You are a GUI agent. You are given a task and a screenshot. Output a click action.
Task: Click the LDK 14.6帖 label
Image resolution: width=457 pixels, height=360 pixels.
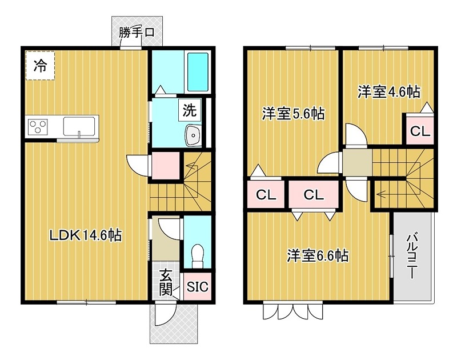coord(85,234)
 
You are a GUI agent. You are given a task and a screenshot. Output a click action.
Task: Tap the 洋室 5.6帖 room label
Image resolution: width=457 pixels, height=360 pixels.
coord(293,114)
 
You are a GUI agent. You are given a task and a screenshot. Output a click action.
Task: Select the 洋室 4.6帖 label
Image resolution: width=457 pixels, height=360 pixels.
coord(389,91)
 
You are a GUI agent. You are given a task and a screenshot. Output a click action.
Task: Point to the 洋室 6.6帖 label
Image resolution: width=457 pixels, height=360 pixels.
coord(318,255)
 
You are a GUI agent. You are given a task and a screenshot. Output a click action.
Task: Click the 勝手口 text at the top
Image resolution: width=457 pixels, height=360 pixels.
coord(137,33)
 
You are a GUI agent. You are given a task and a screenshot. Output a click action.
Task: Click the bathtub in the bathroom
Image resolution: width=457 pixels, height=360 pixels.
coord(197,71)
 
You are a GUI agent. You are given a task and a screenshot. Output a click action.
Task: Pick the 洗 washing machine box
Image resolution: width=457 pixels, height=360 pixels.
coord(189,110)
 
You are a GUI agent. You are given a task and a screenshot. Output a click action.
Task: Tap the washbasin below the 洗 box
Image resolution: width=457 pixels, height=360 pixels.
coord(193,136)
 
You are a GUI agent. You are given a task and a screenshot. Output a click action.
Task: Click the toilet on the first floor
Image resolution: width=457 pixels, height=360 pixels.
coord(198,254)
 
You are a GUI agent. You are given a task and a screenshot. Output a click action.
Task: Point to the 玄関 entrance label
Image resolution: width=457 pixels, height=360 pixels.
coord(166,282)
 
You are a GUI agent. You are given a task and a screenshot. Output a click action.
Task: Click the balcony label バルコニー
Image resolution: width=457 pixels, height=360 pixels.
coord(411,256)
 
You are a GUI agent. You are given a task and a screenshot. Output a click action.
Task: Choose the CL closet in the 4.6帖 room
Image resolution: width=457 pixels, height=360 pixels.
coord(420,131)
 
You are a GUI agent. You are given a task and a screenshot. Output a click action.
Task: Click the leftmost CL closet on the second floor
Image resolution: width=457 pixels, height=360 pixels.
coord(265,195)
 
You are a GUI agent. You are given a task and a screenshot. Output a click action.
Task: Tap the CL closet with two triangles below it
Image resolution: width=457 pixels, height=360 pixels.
coord(313,195)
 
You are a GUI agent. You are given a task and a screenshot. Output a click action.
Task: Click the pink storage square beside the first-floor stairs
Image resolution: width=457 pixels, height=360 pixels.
coord(165,166)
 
